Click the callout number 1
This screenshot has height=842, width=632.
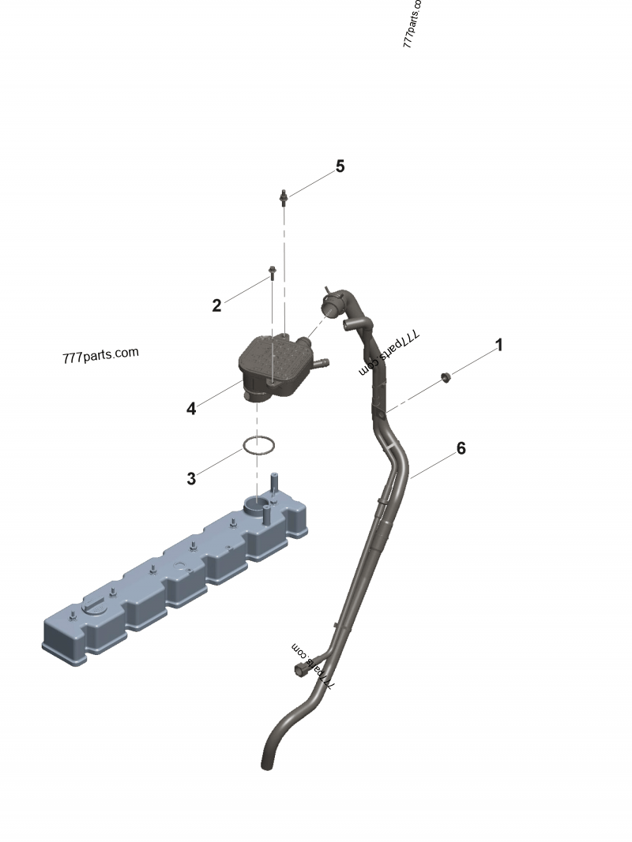(498, 345)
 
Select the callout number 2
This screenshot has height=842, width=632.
(216, 306)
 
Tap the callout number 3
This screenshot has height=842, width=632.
(191, 478)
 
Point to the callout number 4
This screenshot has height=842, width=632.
(191, 409)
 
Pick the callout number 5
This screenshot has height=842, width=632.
(340, 167)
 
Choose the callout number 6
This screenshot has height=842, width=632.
(461, 449)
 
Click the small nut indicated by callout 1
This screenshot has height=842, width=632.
(446, 376)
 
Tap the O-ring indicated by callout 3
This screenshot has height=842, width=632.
(259, 446)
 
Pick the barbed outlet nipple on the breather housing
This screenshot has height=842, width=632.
(321, 365)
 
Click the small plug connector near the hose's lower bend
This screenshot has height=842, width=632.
(302, 670)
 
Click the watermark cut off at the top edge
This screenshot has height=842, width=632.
(412, 24)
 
